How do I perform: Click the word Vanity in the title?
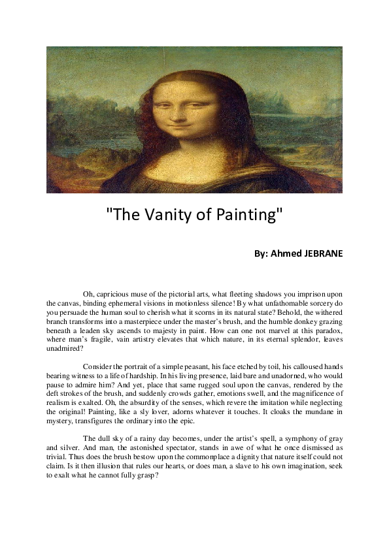[162, 215]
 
